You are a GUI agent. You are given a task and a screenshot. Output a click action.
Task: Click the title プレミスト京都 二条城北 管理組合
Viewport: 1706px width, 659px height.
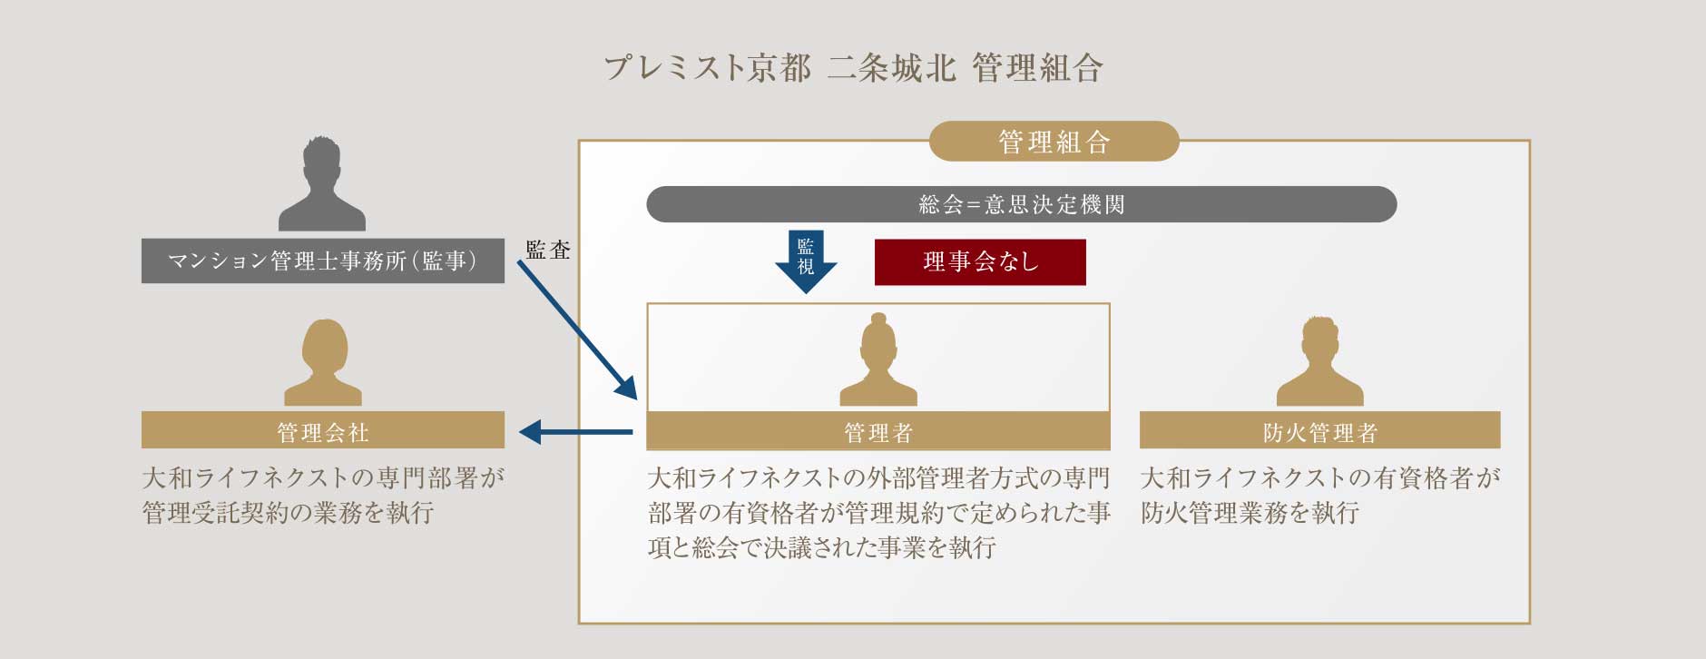853,68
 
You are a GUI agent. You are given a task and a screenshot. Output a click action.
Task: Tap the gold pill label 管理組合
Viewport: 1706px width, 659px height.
1054,142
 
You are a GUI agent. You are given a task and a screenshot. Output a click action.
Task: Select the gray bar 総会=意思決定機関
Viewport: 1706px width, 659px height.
1021,204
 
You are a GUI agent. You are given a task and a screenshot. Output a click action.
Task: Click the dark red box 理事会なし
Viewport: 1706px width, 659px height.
980,262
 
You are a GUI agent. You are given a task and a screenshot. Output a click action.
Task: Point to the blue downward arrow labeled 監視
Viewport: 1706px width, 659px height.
806,262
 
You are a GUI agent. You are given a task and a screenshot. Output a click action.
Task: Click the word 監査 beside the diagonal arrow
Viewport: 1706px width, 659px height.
548,251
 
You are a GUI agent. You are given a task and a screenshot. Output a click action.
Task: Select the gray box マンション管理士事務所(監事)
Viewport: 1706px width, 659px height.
322,261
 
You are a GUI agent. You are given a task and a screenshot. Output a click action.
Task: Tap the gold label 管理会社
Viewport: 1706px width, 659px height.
322,431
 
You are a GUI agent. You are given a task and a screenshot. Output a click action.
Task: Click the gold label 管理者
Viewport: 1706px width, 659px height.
878,431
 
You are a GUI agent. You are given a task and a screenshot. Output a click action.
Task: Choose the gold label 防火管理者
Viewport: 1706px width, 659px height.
1319,431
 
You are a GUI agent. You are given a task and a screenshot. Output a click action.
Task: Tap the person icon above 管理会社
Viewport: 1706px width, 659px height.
322,363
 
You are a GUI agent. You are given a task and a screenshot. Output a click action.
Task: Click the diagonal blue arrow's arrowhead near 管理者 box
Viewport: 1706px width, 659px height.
627,389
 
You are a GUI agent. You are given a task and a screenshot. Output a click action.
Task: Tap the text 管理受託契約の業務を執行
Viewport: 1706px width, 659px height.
288,513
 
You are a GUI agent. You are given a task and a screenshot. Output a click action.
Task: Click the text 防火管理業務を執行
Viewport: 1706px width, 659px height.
1250,513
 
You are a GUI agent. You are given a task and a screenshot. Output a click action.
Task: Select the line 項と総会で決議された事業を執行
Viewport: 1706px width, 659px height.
822,547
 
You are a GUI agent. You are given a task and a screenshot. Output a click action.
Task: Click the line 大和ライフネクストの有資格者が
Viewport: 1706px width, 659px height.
1319,478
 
